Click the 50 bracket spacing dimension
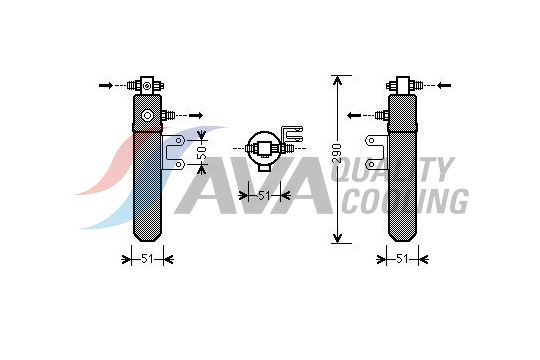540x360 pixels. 200,153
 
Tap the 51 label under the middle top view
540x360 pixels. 264,195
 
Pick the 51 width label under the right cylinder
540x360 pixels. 401,259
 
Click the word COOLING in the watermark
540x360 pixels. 404,200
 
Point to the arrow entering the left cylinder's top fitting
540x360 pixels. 106,85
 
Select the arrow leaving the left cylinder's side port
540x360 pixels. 195,115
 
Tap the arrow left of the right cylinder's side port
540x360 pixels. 355,115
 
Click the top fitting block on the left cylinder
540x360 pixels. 148,85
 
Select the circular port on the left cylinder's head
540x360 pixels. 148,115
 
